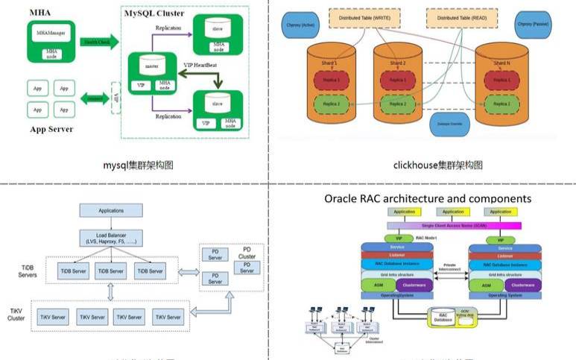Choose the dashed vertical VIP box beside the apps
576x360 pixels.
point(115,98)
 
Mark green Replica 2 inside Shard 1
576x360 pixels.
point(329,104)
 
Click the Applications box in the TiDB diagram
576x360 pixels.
point(110,211)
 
